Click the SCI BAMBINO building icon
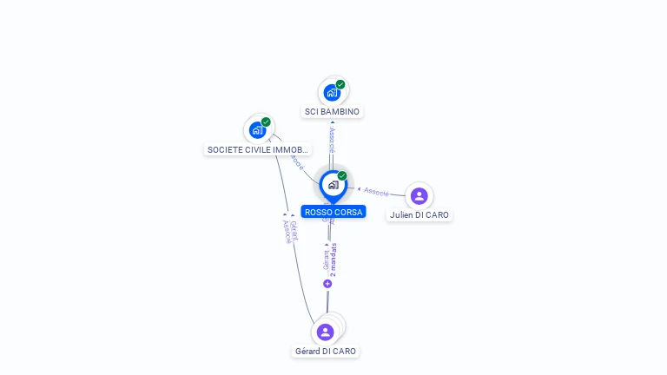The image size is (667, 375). click(x=332, y=92)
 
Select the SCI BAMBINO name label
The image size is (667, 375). click(x=332, y=112)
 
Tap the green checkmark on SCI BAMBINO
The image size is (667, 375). click(x=340, y=84)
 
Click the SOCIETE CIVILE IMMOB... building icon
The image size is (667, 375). click(x=257, y=130)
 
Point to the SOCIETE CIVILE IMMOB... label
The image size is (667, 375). click(x=257, y=149)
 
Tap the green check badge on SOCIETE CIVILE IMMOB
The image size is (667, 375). click(x=266, y=122)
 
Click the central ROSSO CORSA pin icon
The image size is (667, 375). click(x=333, y=185)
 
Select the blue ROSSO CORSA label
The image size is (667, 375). click(x=333, y=212)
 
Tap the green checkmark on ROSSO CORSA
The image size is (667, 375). click(x=342, y=176)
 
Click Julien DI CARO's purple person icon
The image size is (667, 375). click(x=419, y=195)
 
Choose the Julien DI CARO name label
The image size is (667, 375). click(x=419, y=214)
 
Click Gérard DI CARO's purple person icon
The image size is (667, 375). click(x=325, y=332)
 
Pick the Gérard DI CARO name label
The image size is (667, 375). click(x=325, y=352)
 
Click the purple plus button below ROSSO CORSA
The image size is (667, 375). click(x=327, y=284)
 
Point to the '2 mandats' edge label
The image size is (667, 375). click(x=333, y=260)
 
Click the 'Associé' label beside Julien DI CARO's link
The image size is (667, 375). click(x=376, y=191)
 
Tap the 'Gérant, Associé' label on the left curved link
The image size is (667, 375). click(x=289, y=230)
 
